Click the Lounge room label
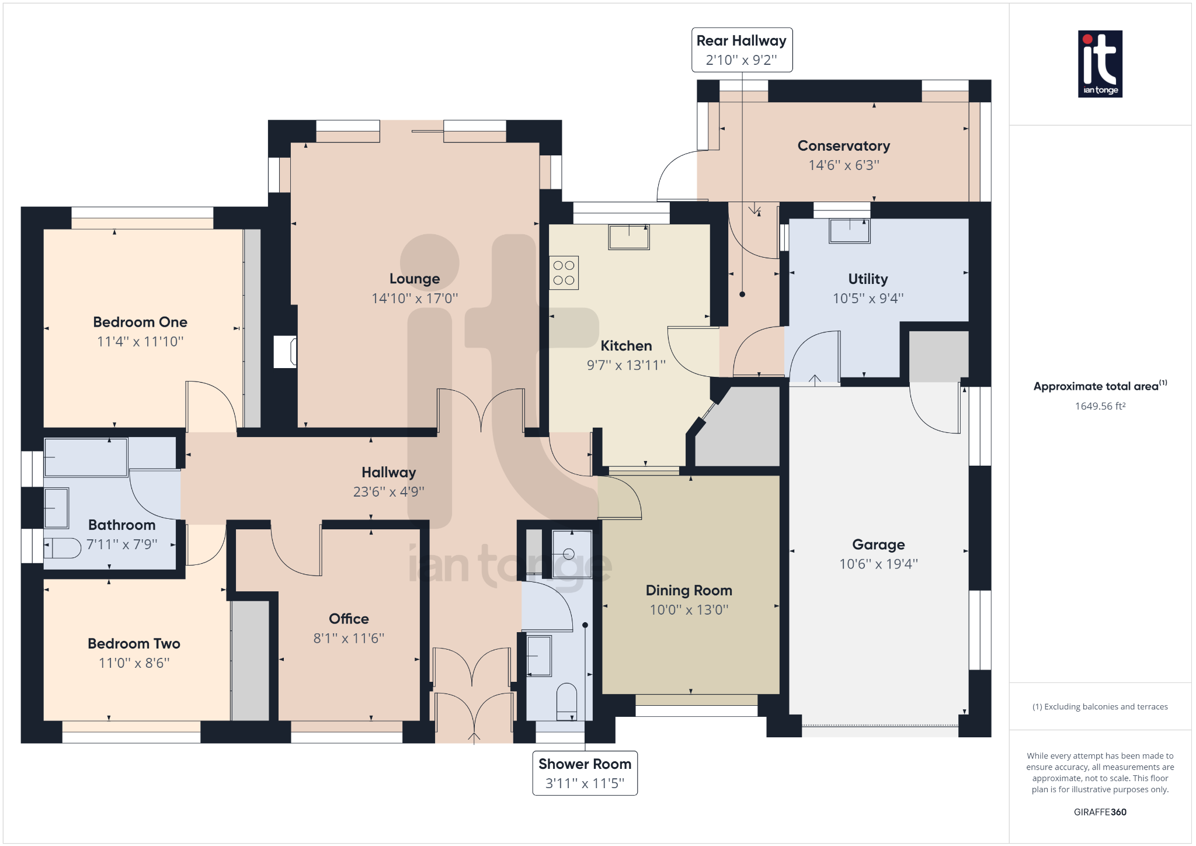tap(415, 279)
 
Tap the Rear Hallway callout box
tap(742, 50)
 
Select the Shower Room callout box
tap(585, 773)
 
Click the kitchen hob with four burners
tap(564, 273)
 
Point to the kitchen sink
tap(628, 237)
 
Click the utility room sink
tap(850, 231)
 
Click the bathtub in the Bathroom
tap(86, 457)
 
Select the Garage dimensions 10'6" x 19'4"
tap(878, 564)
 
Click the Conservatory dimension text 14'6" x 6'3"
tap(844, 165)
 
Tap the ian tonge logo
tap(1100, 64)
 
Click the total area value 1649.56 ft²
tap(1100, 406)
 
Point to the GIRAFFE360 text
tap(1100, 812)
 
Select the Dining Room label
tap(689, 590)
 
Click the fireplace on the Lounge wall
tap(285, 352)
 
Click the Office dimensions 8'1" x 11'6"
tap(349, 638)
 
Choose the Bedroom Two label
tap(134, 643)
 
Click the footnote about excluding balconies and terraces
tap(1100, 707)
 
